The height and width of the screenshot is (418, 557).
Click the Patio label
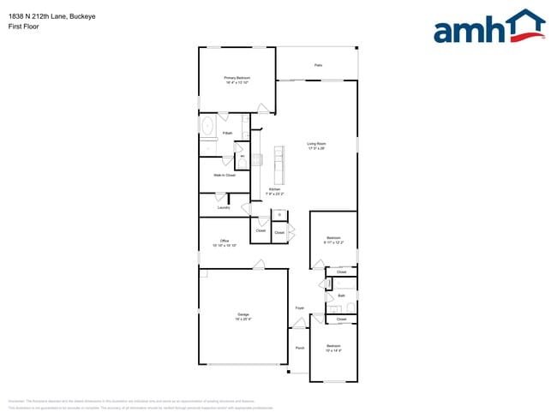click(318, 65)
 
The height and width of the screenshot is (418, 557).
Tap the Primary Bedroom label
click(237, 78)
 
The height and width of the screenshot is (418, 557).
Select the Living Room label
click(317, 143)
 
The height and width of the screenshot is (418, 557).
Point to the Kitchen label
click(274, 188)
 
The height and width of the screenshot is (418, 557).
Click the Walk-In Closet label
click(225, 175)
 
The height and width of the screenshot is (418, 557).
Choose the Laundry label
click(224, 207)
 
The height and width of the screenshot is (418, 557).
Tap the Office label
click(225, 241)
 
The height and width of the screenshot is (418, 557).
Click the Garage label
click(243, 314)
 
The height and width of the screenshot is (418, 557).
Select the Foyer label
click(300, 308)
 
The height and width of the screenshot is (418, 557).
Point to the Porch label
click(300, 348)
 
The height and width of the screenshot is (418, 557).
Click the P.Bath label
click(227, 134)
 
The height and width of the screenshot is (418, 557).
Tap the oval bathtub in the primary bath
click(207, 127)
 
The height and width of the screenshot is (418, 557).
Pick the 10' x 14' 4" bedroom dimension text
click(333, 350)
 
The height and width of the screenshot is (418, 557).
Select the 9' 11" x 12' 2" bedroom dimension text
click(333, 242)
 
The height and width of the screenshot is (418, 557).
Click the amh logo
click(488, 28)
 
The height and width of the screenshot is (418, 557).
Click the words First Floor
click(23, 27)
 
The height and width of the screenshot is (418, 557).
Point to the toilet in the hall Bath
click(350, 305)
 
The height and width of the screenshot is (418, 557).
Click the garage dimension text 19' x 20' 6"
click(243, 319)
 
